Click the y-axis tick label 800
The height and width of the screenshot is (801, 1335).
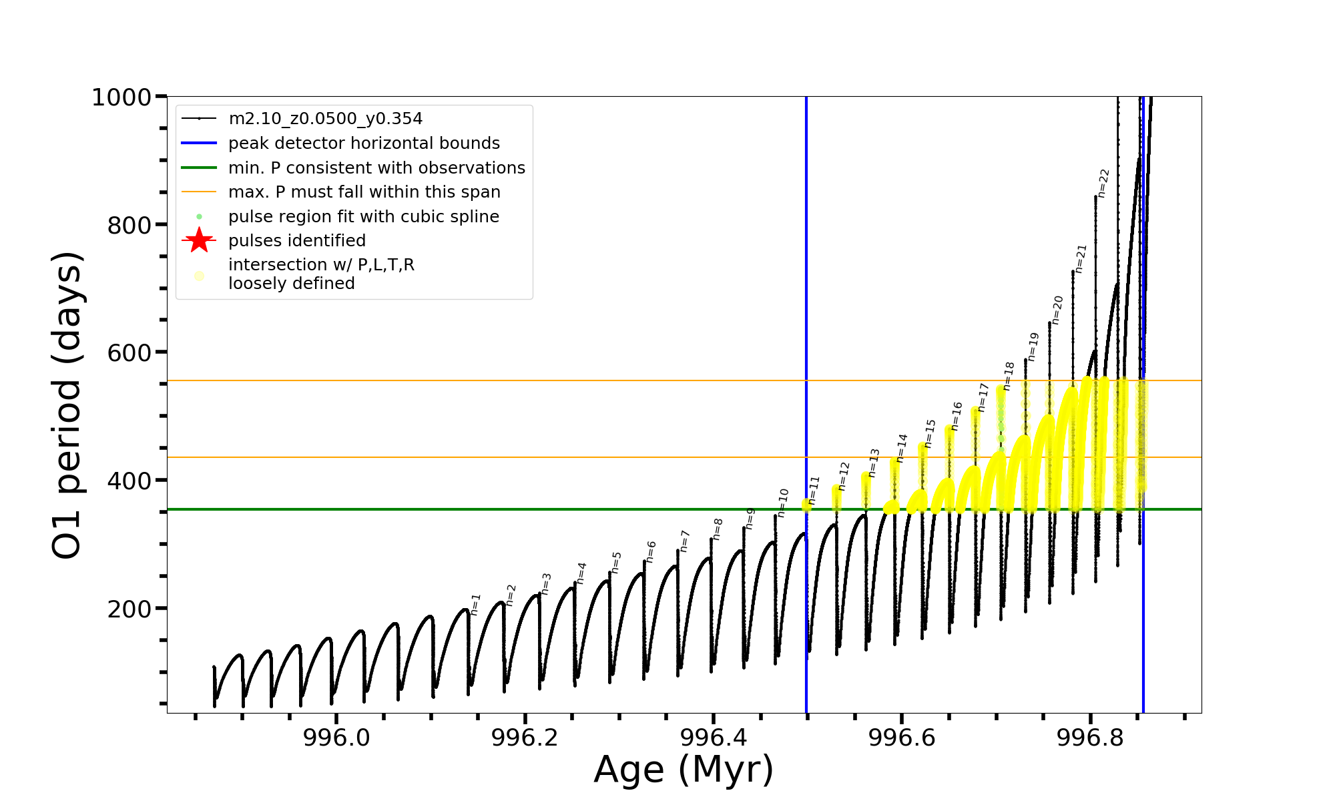click(x=129, y=226)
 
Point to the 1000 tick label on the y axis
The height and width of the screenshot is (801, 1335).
click(x=121, y=97)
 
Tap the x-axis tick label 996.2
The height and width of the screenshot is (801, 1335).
click(x=525, y=738)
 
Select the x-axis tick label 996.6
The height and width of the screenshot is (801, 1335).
click(x=901, y=738)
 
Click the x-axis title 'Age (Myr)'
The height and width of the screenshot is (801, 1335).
click(x=684, y=770)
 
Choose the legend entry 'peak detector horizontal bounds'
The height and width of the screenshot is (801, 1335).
click(x=364, y=144)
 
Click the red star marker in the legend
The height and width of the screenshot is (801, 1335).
click(x=199, y=240)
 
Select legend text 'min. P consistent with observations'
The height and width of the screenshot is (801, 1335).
click(x=376, y=168)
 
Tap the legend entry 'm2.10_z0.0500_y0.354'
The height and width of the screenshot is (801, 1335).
click(x=325, y=119)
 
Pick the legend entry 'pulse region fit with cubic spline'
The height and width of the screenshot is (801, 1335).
click(x=363, y=217)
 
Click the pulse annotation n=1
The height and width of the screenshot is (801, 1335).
click(x=475, y=604)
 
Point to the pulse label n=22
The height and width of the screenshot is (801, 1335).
click(x=1103, y=183)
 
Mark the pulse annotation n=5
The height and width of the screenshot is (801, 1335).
click(x=616, y=562)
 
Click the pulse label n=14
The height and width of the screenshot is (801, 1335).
click(x=902, y=448)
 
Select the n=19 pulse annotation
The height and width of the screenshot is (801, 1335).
click(x=1033, y=346)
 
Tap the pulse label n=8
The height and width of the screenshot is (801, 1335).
click(x=718, y=529)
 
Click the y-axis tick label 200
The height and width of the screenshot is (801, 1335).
click(x=129, y=609)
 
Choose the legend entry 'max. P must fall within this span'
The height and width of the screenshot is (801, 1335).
click(x=364, y=192)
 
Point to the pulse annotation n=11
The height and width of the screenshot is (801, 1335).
click(x=813, y=490)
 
